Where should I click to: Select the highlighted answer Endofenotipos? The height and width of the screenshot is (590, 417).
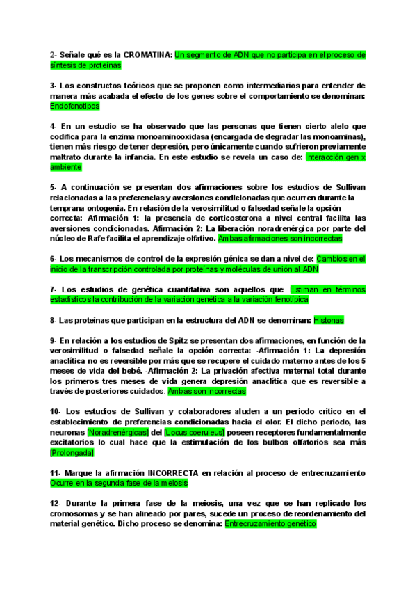[x=75, y=106]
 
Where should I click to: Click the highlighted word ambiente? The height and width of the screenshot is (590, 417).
[x=66, y=167]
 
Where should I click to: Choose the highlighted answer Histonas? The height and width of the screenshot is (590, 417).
[x=329, y=320]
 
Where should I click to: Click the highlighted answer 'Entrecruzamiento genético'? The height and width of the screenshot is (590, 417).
[x=270, y=524]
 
